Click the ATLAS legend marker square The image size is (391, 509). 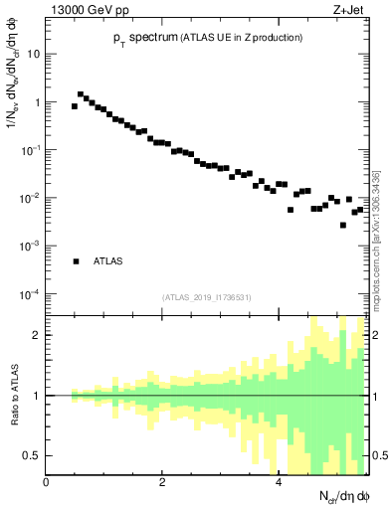pos(76,261)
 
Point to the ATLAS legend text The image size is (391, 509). pos(108,261)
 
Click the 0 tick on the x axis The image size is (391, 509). pos(47,482)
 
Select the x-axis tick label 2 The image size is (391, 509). pos(163,482)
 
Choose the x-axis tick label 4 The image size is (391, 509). pos(279,482)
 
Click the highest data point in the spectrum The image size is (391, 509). pos(81,94)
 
